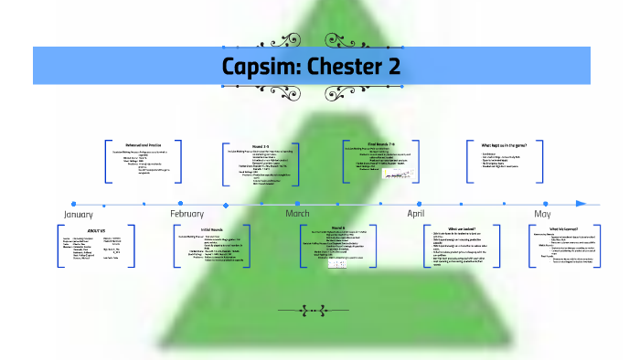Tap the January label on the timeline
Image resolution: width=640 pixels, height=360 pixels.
click(x=78, y=214)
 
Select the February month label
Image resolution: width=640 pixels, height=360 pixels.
click(x=187, y=214)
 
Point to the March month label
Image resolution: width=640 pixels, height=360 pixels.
click(x=297, y=214)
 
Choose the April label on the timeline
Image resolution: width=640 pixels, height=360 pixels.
click(x=416, y=214)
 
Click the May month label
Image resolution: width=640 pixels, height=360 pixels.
click(x=542, y=214)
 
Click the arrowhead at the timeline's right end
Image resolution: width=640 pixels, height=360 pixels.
click(x=581, y=203)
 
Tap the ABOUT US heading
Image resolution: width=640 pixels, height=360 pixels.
click(x=96, y=230)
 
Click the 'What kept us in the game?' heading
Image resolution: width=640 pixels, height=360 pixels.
click(x=509, y=144)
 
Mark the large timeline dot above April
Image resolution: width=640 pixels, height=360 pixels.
click(x=420, y=203)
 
